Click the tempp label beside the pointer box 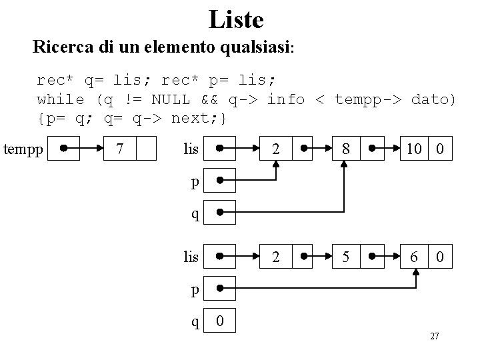(22, 148)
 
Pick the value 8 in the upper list (345, 148)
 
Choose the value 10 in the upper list (414, 148)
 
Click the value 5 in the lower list (345, 256)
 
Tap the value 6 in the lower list (414, 256)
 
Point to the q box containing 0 (219, 322)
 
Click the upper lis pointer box (219, 148)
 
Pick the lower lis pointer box (219, 256)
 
